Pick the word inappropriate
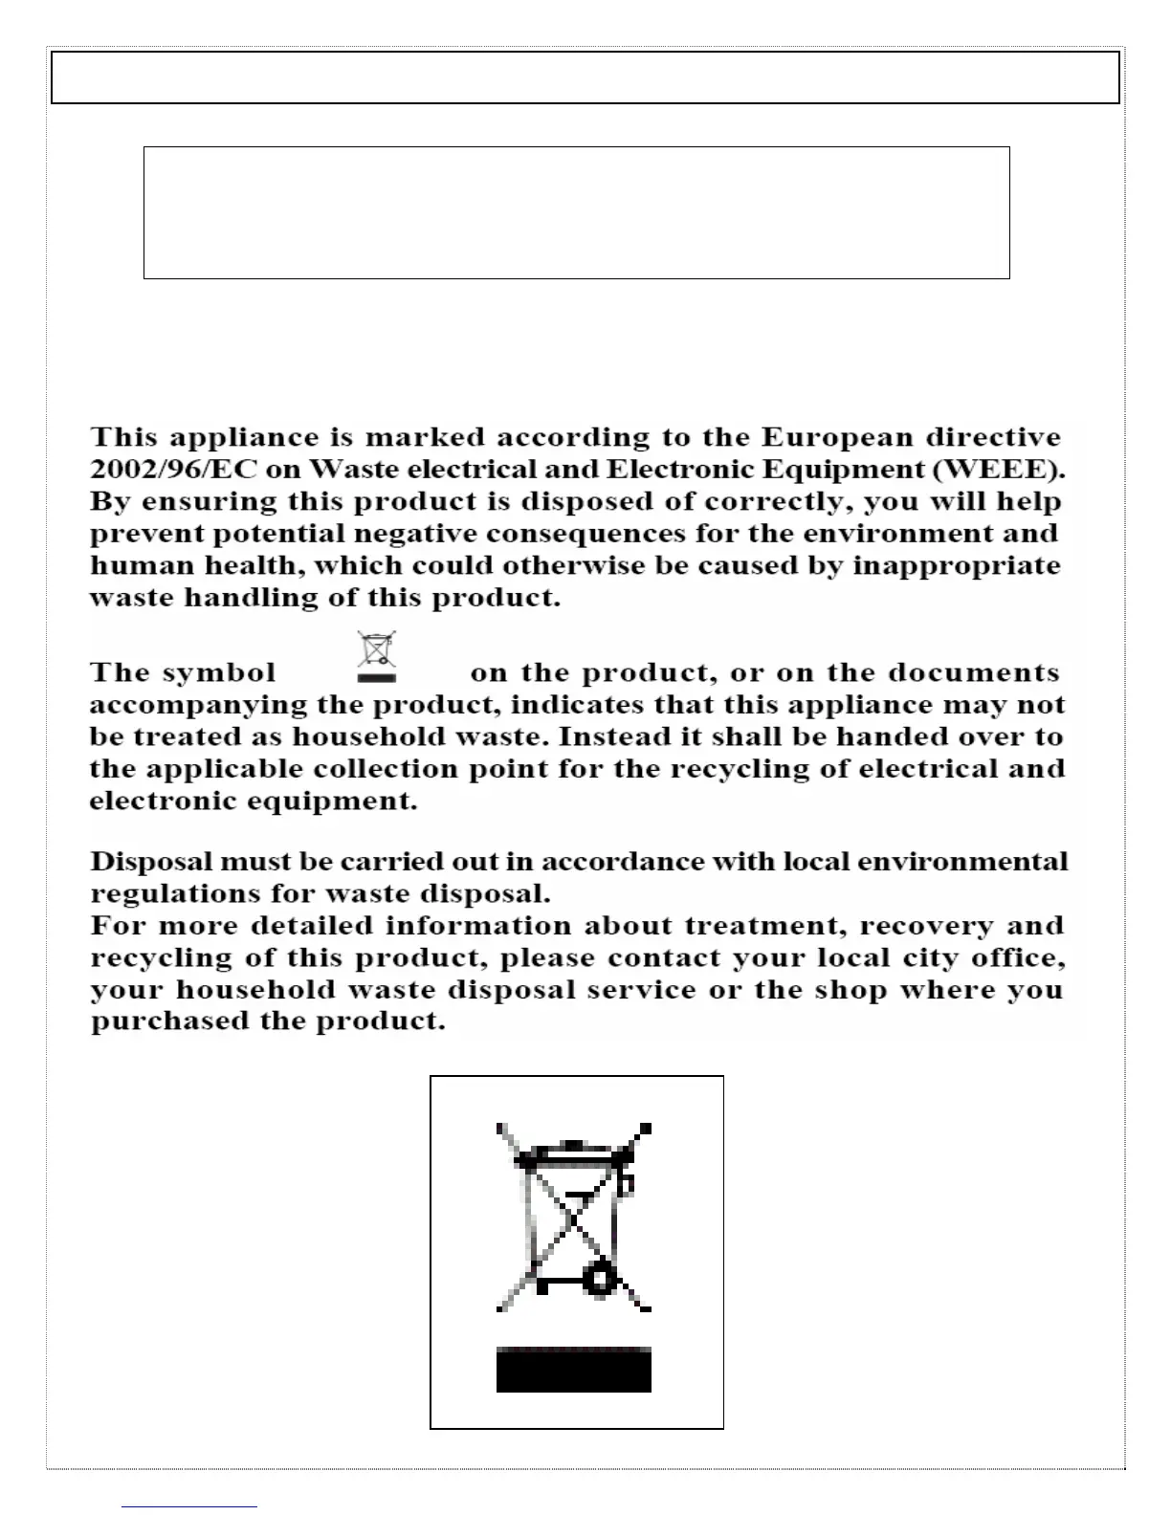point(956,565)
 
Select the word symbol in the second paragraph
point(219,672)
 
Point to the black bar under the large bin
point(573,1370)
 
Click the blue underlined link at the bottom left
point(189,1506)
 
